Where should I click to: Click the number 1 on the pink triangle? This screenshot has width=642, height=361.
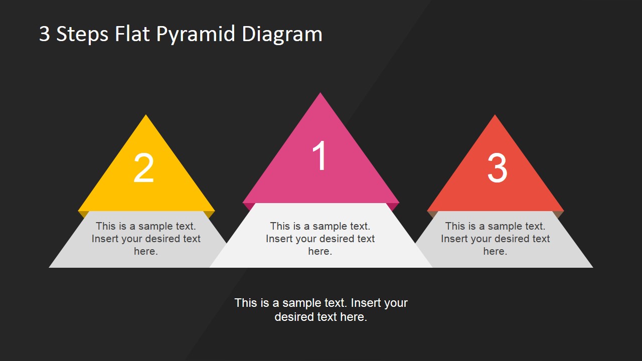coord(319,156)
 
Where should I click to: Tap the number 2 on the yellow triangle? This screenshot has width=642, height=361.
coord(143,168)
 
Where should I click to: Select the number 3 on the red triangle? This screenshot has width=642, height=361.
coord(497,168)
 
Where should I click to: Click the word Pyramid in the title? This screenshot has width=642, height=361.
coord(196,35)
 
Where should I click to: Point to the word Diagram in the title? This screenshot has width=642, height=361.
coord(282,35)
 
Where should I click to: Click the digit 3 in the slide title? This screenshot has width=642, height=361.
coord(45,34)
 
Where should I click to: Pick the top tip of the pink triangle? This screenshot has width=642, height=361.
coord(320,94)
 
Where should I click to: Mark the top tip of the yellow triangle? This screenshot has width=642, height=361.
coord(146,116)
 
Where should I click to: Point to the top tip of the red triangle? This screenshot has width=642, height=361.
coord(496,116)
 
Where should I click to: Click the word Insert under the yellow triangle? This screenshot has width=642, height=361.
coord(105,239)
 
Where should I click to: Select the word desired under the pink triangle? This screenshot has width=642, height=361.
coord(322,239)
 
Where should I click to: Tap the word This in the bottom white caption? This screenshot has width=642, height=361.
coord(246,303)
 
